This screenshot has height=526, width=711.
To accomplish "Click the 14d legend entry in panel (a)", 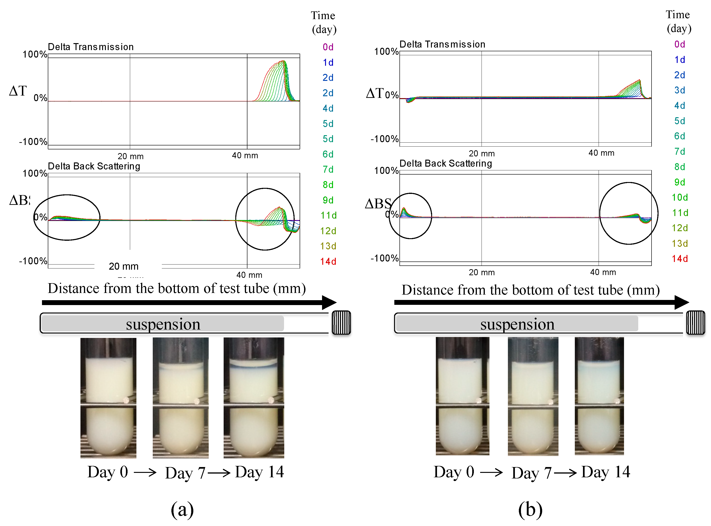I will point(328,261).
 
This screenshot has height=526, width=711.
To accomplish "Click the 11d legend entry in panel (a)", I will point(328,216).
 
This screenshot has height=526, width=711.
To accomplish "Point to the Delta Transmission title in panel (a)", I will point(90,47).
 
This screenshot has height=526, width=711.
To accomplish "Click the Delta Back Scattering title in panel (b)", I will point(445,163).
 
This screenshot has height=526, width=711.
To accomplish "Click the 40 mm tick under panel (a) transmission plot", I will point(245,155).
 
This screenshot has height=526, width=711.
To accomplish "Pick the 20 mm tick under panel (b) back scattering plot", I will point(481,272).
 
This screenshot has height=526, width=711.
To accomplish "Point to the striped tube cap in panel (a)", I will point(341,323).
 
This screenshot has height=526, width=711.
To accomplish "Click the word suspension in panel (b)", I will point(517,324).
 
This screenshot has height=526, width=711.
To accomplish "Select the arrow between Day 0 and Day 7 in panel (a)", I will point(145,472).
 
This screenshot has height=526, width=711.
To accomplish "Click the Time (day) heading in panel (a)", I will point(323,22).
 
